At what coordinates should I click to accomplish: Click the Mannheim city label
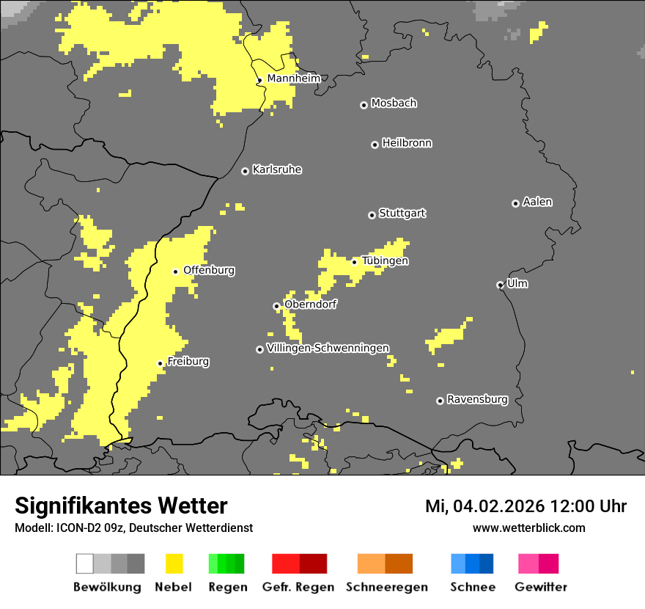[x=293, y=79]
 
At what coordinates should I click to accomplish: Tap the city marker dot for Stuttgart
[x=372, y=215]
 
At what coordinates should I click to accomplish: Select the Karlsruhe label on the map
[x=276, y=169]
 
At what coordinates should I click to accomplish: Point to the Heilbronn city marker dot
[x=375, y=145]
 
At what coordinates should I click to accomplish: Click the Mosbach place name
[x=394, y=103]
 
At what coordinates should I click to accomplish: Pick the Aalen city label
[x=537, y=202]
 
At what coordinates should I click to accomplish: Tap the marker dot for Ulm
[x=500, y=285]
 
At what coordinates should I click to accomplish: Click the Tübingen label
[x=385, y=260]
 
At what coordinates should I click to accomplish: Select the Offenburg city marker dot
[x=175, y=271]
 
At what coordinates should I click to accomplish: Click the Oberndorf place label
[x=310, y=304]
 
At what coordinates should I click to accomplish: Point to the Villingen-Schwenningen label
[x=328, y=348]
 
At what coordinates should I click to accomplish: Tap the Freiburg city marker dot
[x=160, y=363]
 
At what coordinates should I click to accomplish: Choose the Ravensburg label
[x=477, y=399]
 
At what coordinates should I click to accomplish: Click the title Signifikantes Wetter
[x=121, y=506]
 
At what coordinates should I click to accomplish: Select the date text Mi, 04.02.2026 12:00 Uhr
[x=526, y=506]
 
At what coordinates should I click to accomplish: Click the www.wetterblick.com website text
[x=528, y=528]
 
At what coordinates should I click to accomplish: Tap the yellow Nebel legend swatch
[x=174, y=564]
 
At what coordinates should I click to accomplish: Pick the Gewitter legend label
[x=540, y=587]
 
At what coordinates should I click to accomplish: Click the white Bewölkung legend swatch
[x=85, y=564]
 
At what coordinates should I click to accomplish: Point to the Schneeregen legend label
[x=386, y=587]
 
